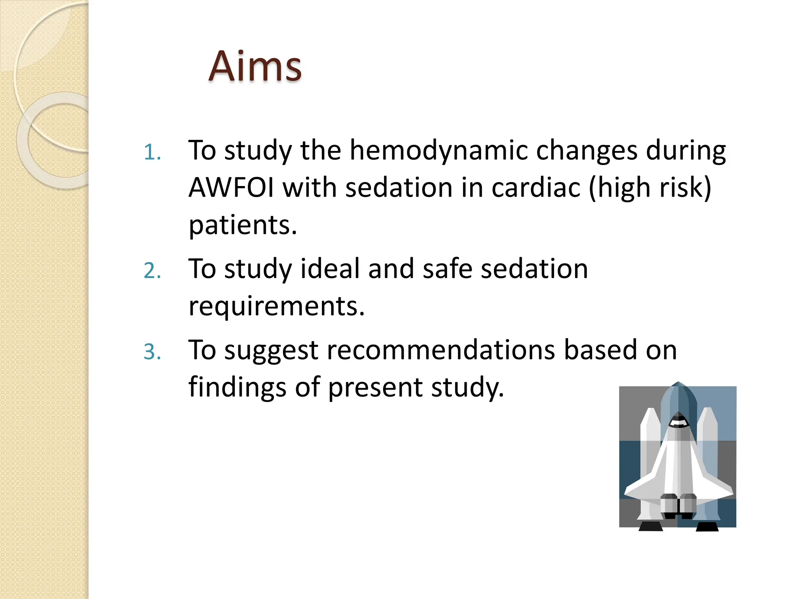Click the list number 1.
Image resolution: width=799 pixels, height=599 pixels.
[x=152, y=152]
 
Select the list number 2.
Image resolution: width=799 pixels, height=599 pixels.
[x=152, y=271]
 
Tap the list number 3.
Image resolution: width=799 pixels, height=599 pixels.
[x=152, y=352]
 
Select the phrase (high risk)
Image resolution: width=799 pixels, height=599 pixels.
[x=650, y=188]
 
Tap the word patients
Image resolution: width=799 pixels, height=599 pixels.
[x=243, y=225]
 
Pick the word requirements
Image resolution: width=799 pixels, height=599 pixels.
[x=276, y=307]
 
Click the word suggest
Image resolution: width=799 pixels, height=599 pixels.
[x=272, y=350]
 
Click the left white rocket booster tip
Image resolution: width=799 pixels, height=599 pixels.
[x=650, y=413]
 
